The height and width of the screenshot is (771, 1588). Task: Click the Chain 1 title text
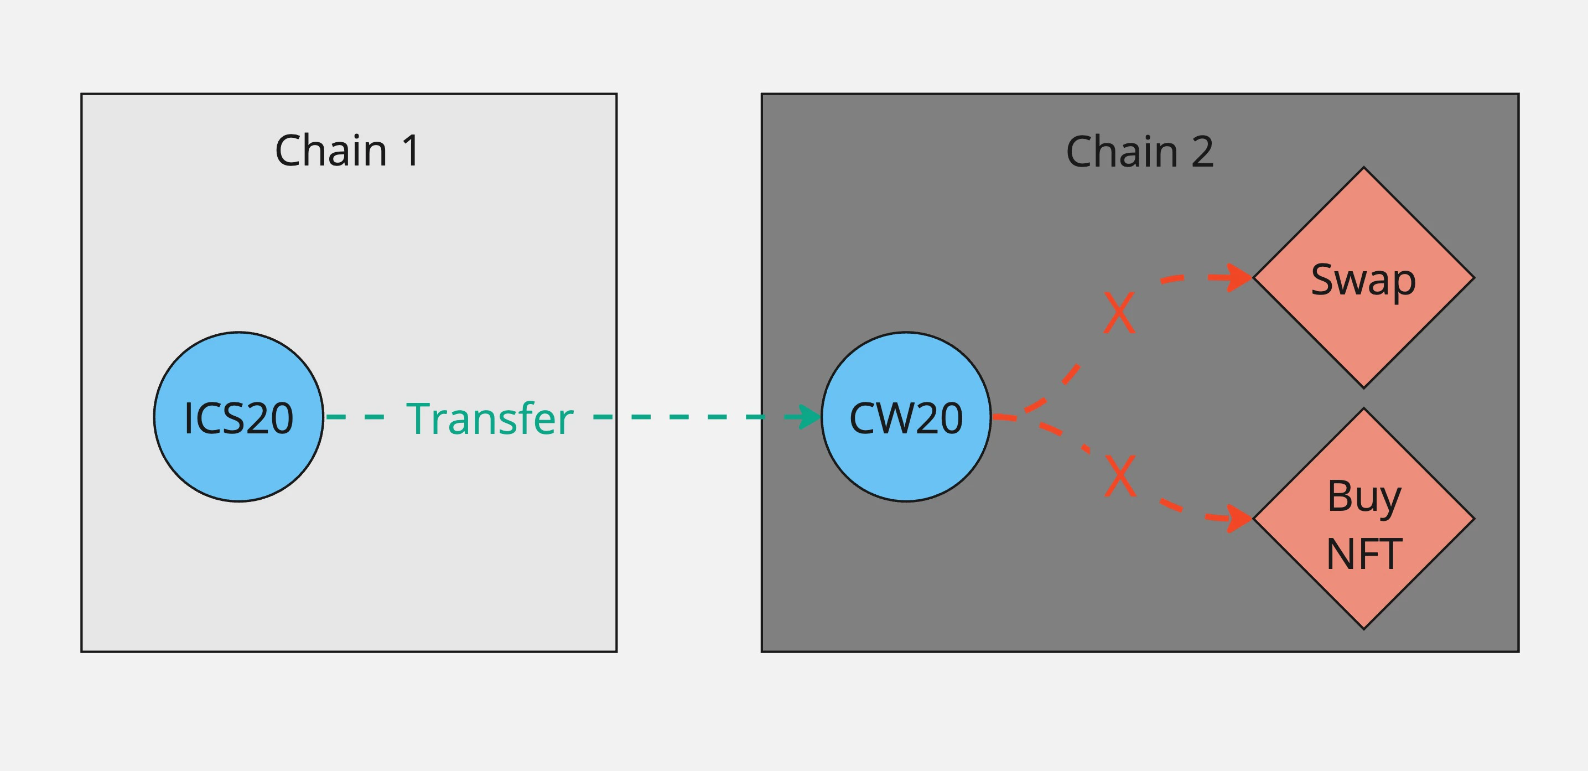coord(347,151)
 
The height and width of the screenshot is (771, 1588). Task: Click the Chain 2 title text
coord(1140,152)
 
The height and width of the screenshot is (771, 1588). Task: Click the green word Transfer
coord(490,419)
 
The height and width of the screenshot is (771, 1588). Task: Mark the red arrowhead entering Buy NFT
coord(1238,518)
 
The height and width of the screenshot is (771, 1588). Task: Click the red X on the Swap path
coord(1119,313)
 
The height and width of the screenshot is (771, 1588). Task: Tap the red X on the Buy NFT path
coord(1120,475)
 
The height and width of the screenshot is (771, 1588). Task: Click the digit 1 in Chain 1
coord(411,151)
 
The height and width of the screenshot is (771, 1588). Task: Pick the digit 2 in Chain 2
coord(1203,152)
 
